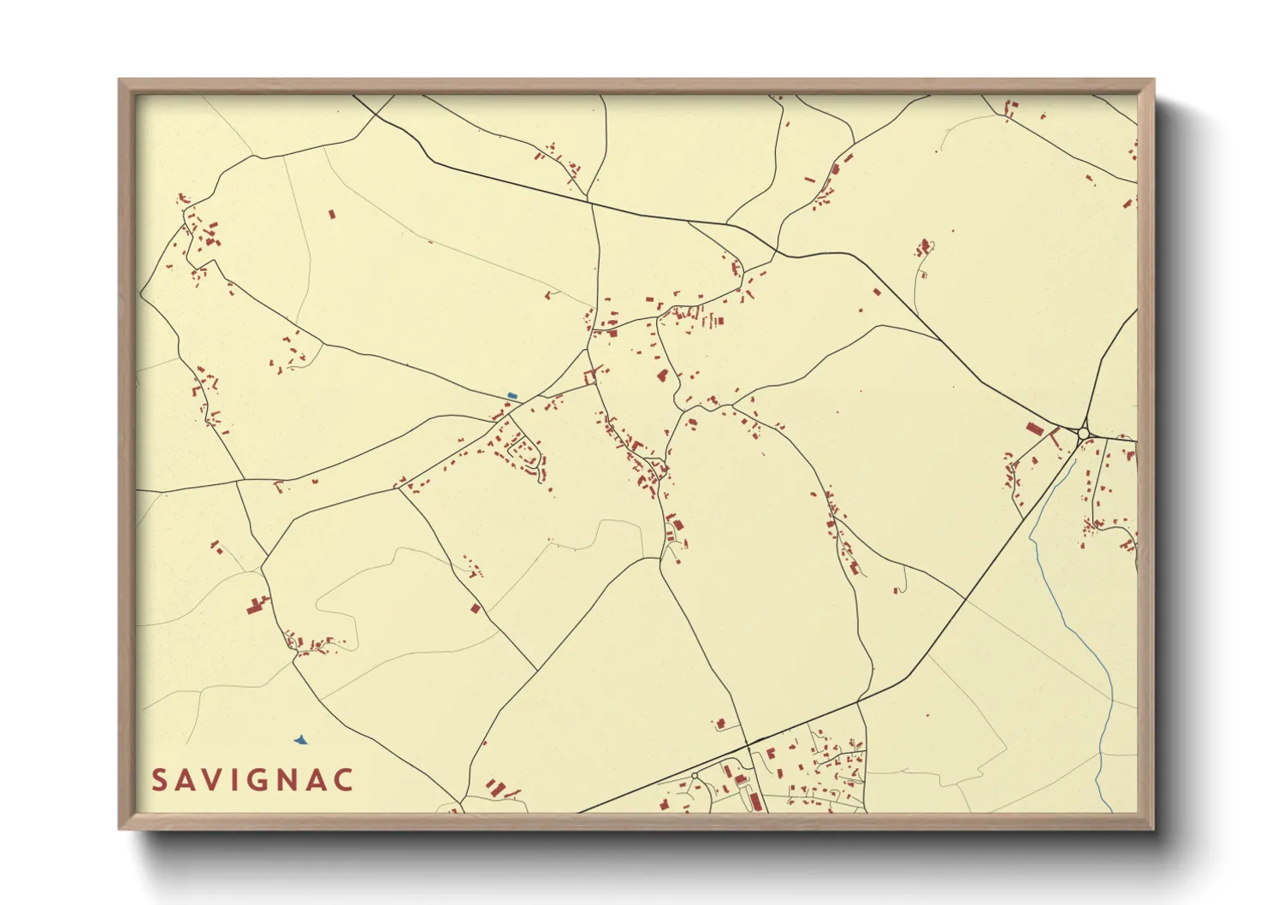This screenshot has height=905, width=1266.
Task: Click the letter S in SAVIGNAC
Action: coord(160,780)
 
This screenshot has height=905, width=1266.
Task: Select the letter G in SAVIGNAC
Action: coord(263,780)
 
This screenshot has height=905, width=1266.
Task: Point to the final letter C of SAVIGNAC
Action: coord(344,780)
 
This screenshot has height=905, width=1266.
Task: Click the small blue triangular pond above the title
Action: coord(300,739)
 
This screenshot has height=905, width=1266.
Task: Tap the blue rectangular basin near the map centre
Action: coord(512,395)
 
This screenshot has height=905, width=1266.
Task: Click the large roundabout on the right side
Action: coord(1084,434)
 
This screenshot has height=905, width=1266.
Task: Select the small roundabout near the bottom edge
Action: coord(695,776)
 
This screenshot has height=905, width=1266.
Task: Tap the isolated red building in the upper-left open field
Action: coord(333,214)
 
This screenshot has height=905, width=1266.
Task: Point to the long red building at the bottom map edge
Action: coord(755,801)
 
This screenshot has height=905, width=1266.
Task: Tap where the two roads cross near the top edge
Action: coord(589,202)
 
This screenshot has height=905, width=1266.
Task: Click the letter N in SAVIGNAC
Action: coord(290,780)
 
